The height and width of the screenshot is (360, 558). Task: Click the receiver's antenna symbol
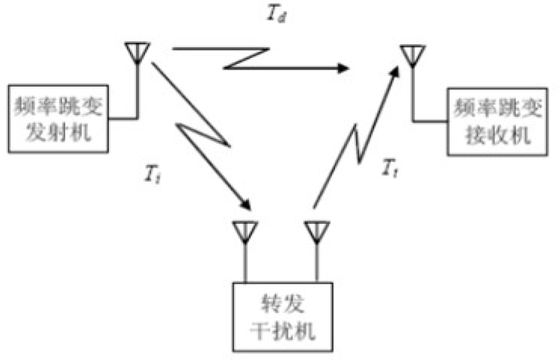[413, 54]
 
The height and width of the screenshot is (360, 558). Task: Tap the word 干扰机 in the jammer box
[282, 332]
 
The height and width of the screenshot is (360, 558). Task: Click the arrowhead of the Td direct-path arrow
[345, 67]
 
